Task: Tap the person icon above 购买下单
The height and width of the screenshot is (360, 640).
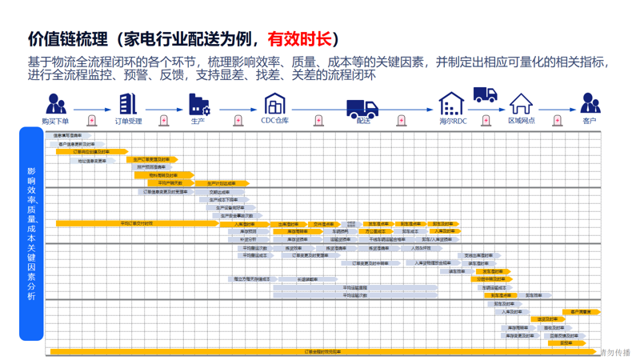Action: pyautogui.click(x=55, y=103)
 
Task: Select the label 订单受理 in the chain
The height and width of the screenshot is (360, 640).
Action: pyautogui.click(x=128, y=122)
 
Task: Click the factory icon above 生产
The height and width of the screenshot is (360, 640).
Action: pyautogui.click(x=198, y=104)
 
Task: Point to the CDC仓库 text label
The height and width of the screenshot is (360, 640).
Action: pyautogui.click(x=274, y=122)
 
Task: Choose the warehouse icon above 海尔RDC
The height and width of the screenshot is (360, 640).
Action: pyautogui.click(x=451, y=104)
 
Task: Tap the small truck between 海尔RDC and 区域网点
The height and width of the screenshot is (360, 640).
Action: pyautogui.click(x=485, y=94)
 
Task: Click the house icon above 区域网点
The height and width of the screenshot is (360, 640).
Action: pyautogui.click(x=521, y=104)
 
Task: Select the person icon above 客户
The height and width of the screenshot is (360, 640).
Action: pyautogui.click(x=590, y=103)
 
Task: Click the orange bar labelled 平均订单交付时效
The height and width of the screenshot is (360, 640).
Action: pyautogui.click(x=136, y=224)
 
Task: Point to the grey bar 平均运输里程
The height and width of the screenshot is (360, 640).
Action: pyautogui.click(x=355, y=288)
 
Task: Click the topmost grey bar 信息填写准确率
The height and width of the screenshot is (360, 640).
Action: pyautogui.click(x=68, y=136)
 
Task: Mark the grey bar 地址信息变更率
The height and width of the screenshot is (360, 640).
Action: pyautogui.click(x=91, y=161)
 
